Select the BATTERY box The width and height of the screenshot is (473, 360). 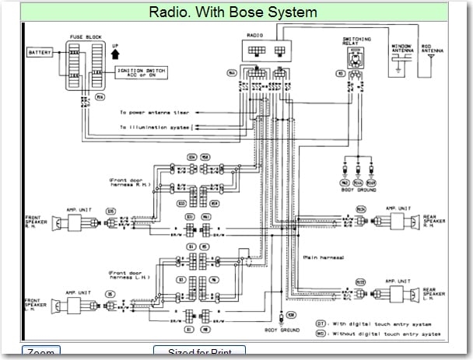point(39,53)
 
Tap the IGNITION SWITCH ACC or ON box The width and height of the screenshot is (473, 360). point(143,72)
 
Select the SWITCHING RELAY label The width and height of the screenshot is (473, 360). point(356,40)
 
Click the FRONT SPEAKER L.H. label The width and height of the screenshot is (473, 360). point(36,302)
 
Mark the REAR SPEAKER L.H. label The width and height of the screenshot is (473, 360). point(434,293)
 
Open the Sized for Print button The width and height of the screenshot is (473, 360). point(199,353)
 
